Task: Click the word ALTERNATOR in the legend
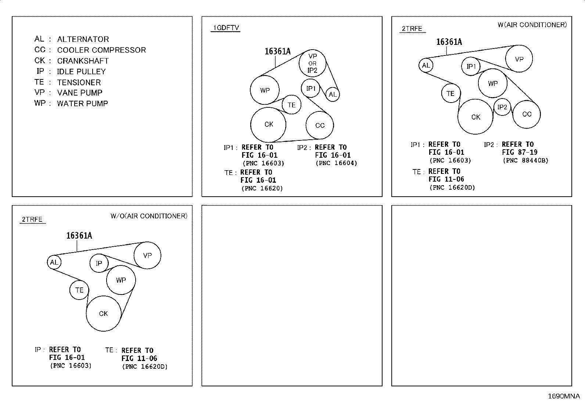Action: coord(83,39)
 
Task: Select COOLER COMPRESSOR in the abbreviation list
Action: coord(101,50)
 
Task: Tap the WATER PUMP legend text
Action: coord(82,104)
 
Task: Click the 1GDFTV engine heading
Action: coord(226,28)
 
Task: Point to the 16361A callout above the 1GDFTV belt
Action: coord(277,51)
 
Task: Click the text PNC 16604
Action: coord(336,163)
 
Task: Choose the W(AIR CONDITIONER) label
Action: coord(532,25)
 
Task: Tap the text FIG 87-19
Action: coord(520,152)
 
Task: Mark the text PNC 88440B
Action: coord(525,160)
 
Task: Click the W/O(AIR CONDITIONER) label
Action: coord(149,216)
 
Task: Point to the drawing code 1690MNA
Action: coord(564,396)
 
